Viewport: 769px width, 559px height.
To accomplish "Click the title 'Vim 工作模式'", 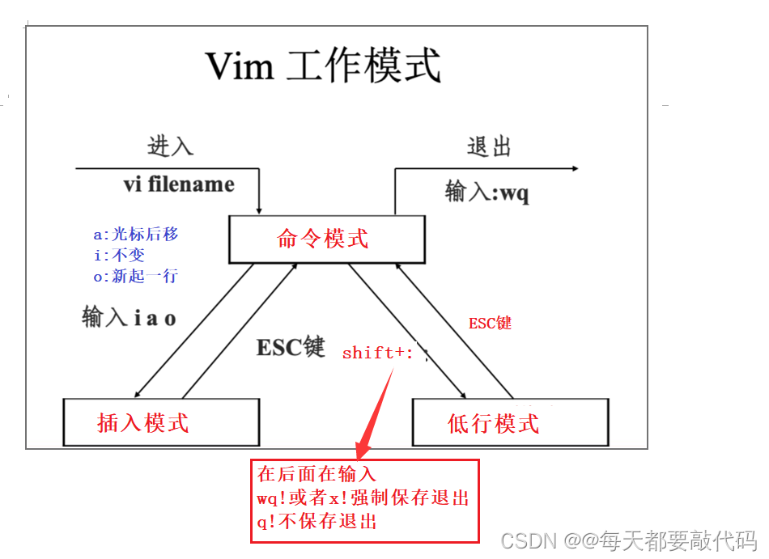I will (x=323, y=66).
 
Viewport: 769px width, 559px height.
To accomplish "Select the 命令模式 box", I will (x=326, y=239).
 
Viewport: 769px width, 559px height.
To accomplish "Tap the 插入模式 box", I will (x=161, y=421).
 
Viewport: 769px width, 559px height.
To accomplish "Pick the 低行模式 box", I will (x=509, y=421).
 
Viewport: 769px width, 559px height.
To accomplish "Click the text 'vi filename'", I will (x=179, y=184).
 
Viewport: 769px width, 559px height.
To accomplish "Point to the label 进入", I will (x=170, y=146).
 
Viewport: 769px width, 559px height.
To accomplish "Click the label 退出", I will (x=490, y=146).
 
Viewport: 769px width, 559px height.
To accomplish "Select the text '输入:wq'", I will (x=487, y=193).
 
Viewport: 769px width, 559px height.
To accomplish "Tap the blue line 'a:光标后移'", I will (x=135, y=235).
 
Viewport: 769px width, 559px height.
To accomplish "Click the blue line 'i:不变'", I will (x=119, y=256).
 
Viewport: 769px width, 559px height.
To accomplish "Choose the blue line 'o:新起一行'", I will (x=135, y=276).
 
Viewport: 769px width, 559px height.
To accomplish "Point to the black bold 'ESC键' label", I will (x=291, y=347).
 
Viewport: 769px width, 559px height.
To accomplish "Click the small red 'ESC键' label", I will (x=491, y=323).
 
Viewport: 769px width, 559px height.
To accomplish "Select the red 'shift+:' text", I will (x=378, y=353).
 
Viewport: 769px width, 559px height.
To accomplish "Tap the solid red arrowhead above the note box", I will (x=364, y=445).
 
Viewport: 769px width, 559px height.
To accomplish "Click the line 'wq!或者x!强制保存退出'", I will (x=363, y=498).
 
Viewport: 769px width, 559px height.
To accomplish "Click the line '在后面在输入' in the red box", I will (x=317, y=474).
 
